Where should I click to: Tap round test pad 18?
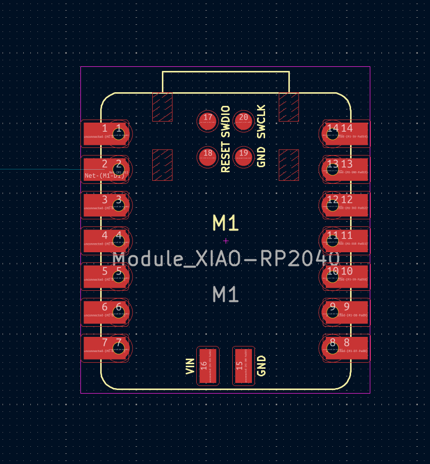coord(207,157)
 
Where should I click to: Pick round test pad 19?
coord(243,157)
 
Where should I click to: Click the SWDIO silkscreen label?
coord(226,122)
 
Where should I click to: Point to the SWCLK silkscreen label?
coord(261,122)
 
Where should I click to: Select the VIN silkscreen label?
coord(190,366)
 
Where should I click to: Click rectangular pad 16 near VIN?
coord(207,366)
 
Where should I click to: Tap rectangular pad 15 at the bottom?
coord(243,366)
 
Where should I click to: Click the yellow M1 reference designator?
coord(226,222)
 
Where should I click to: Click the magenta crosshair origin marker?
coord(226,241)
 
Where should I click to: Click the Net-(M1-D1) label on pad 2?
coord(104,176)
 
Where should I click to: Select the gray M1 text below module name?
coord(226,294)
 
